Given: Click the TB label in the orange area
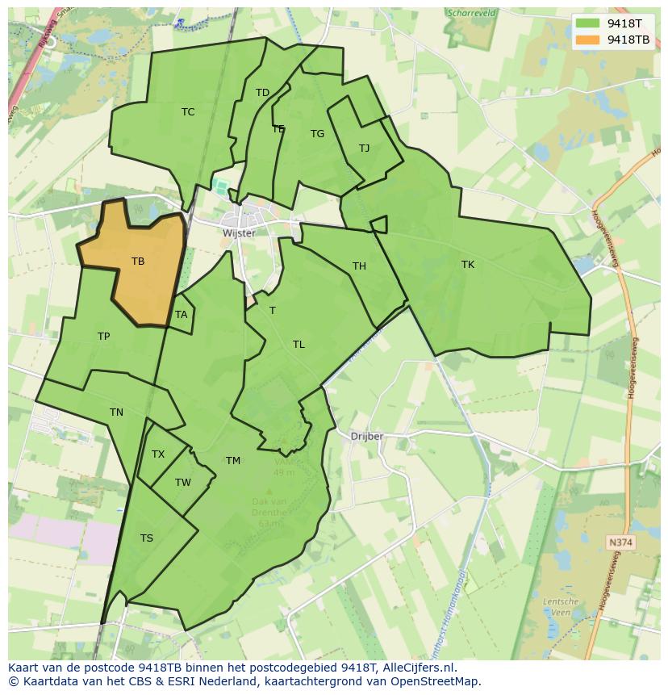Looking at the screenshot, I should pos(138,262).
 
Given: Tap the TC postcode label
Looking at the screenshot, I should pos(188,112).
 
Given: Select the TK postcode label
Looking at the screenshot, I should pos(468,265).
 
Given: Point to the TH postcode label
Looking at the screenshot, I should pos(359,266).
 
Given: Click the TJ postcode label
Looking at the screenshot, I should pos(364,149).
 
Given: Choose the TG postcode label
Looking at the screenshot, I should pos(317,134).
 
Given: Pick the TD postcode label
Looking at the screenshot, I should pos(262,93).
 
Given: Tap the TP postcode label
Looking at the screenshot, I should pos(103,337).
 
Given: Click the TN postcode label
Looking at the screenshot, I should pos(116,412).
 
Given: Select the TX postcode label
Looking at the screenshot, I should pos(158,454).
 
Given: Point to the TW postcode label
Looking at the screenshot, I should pos(183,483).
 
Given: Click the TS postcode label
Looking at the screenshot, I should pos(147,538).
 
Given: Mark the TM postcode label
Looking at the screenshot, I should pos(233,461).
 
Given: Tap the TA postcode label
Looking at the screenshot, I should pos(181,315).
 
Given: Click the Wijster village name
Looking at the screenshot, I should pos(239,233).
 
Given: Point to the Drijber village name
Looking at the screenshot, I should pos(367,437).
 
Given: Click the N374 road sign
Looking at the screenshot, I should pos(620,543).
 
